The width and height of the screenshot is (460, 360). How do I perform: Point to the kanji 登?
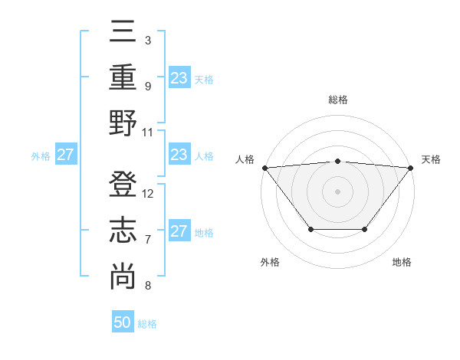pyautogui.click(x=123, y=184)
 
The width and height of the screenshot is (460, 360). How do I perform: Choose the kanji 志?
pyautogui.click(x=123, y=230)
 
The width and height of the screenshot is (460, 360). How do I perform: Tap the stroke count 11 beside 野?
pyautogui.click(x=148, y=132)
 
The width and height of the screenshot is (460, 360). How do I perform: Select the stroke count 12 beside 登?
pyautogui.click(x=148, y=193)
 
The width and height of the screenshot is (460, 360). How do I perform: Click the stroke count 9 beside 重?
pyautogui.click(x=147, y=86)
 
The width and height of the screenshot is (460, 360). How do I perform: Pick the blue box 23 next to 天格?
pyautogui.click(x=179, y=78)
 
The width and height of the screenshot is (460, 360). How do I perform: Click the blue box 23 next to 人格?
pyautogui.click(x=179, y=155)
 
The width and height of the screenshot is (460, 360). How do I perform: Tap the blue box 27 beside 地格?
pyautogui.click(x=179, y=231)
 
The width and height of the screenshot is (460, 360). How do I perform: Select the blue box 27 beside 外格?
pyautogui.click(x=66, y=155)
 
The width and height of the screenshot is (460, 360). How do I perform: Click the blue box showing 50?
pyautogui.click(x=123, y=322)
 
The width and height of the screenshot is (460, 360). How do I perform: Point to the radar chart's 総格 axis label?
pyautogui.click(x=337, y=100)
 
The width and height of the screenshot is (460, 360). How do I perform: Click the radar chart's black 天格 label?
pyautogui.click(x=431, y=159)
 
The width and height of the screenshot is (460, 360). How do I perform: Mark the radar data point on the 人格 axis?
pyautogui.click(x=264, y=167)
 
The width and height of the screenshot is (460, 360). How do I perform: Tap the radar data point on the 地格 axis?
pyautogui.click(x=365, y=229)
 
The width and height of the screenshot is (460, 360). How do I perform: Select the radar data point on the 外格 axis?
pyautogui.click(x=310, y=229)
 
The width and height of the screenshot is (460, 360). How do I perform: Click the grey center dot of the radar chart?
pyautogui.click(x=337, y=191)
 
